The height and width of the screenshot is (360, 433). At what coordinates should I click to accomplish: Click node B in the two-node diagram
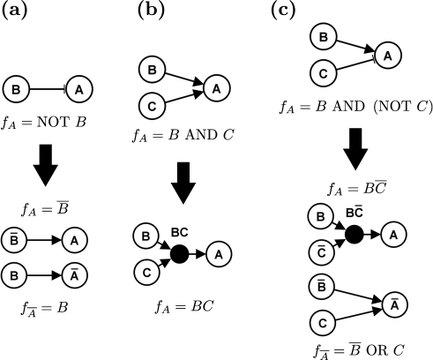click(15, 89)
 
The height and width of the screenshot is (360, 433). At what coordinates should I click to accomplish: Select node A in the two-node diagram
click(79, 89)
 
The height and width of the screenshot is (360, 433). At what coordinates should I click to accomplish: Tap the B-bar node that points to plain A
click(14, 239)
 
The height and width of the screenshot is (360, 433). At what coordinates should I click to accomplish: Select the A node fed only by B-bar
click(75, 239)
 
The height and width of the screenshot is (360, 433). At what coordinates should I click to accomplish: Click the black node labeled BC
click(179, 254)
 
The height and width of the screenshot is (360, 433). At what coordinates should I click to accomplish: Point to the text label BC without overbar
click(179, 233)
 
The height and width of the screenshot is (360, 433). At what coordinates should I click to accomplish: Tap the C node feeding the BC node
click(146, 272)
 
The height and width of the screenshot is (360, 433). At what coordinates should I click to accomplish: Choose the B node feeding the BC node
click(146, 236)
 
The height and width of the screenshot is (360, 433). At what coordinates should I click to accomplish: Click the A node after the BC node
click(219, 254)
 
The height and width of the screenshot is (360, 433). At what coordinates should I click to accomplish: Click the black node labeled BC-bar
click(354, 234)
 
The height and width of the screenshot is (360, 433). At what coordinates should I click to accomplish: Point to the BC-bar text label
click(354, 213)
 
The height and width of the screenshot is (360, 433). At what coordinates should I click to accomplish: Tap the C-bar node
click(321, 252)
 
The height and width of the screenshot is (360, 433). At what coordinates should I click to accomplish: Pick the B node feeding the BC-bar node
click(321, 216)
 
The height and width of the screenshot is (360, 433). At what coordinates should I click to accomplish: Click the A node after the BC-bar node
click(393, 234)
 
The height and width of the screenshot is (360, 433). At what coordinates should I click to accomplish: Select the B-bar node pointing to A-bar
click(322, 288)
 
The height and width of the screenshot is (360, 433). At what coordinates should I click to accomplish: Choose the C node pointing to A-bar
click(322, 324)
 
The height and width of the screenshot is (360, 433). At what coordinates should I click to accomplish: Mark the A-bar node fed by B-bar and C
click(394, 304)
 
